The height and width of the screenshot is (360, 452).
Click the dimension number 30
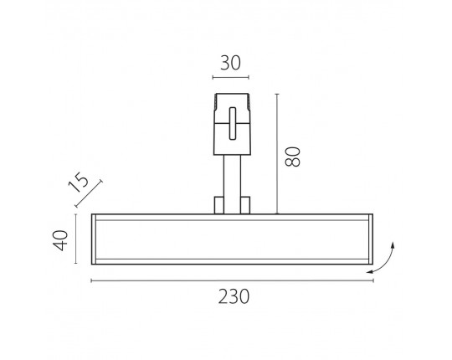pos(230,63)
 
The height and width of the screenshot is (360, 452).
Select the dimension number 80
pos(292,157)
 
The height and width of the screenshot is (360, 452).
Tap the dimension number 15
pos(79,183)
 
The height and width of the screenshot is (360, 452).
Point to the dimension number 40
pos(60,240)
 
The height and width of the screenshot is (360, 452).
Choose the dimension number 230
pos(234,296)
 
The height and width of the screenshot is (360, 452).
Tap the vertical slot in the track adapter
pos(233,123)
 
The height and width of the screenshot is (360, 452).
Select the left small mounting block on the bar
pos(218,205)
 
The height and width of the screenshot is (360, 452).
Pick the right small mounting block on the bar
pos(245,205)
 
